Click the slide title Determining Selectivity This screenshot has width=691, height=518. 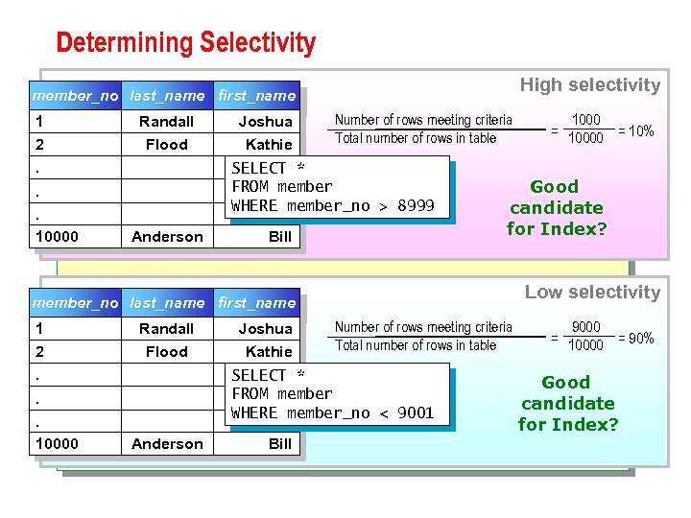[185, 43]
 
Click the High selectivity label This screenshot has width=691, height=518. [589, 85]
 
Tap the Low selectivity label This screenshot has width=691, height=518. [592, 293]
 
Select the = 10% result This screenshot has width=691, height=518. [635, 130]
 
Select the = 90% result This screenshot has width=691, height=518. [635, 338]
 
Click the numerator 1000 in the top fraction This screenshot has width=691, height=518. [585, 120]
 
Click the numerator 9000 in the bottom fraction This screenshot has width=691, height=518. [585, 327]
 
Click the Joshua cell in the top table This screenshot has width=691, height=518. [265, 122]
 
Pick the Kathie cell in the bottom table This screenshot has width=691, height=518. [269, 352]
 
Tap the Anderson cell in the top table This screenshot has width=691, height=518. [167, 237]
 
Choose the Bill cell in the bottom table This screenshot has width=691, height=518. [280, 444]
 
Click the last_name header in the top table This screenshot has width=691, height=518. [167, 96]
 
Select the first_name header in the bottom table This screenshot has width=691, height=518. [256, 303]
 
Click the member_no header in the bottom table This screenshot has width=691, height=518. [76, 303]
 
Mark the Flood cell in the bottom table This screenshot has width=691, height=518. [167, 352]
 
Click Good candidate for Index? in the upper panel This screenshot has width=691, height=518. [556, 208]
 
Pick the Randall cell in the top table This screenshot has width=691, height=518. [167, 122]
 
